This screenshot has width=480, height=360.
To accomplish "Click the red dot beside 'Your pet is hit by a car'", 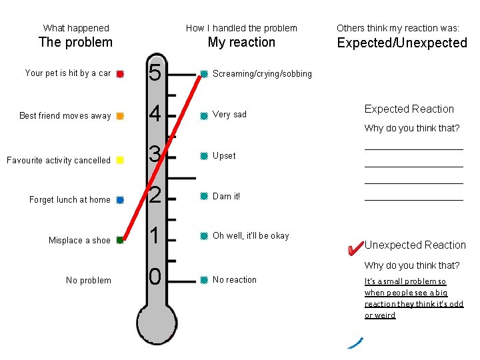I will point(119,74).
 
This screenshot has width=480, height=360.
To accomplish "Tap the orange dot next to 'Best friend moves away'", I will point(119,116).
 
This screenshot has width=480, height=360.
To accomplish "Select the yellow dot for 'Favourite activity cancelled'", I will point(119,160).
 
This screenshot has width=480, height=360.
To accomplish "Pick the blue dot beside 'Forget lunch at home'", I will point(119,199).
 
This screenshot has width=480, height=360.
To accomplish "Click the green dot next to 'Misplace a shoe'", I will point(119,240).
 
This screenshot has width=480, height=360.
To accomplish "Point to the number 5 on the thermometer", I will point(155,73).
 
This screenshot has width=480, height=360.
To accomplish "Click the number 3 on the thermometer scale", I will point(155,155).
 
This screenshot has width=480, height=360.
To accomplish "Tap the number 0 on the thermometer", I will point(155,276).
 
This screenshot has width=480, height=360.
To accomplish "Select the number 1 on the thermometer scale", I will point(155,236).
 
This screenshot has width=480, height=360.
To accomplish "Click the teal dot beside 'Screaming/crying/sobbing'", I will point(204,74).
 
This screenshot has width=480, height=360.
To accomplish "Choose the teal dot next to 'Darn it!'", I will point(204,196).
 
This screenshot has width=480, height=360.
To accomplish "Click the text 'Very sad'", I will point(229,115).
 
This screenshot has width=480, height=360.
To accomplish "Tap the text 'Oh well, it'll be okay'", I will point(251,236).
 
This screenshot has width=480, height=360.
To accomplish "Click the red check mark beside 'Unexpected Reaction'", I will point(355,248).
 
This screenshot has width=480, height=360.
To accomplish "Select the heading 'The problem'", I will point(75,42).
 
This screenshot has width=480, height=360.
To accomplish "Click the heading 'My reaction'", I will point(241,42).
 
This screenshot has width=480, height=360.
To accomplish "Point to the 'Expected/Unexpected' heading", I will point(402,43).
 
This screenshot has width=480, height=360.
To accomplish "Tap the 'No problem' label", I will point(89,281).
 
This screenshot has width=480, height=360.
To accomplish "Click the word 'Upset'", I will point(224,156).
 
